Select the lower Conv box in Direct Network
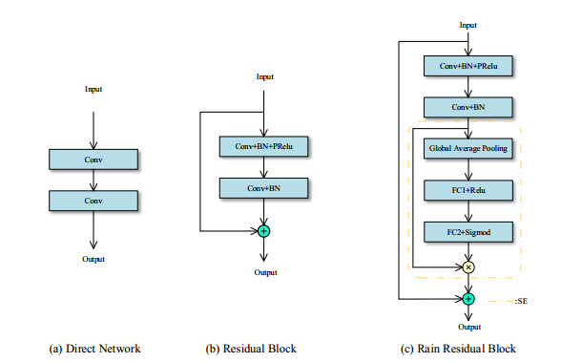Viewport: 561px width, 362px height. click(93, 201)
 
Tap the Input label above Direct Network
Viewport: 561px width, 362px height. click(93, 89)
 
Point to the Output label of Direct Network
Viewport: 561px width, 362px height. click(93, 259)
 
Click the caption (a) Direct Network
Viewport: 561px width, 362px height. click(94, 349)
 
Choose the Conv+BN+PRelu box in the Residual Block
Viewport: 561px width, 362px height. click(264, 147)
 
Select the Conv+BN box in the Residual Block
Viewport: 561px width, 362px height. click(264, 188)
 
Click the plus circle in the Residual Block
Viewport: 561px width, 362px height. click(264, 231)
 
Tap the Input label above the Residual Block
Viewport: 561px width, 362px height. click(264, 76)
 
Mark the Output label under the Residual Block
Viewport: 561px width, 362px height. click(264, 272)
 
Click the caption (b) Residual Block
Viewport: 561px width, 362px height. click(252, 349)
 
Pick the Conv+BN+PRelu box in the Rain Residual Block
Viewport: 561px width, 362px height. click(467, 67)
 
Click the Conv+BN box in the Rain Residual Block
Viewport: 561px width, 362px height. click(467, 108)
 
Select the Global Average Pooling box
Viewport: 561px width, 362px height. click(467, 149)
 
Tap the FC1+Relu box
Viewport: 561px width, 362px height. click(467, 190)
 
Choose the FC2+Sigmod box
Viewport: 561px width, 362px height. click(467, 231)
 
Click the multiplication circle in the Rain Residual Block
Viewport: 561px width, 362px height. click(467, 267)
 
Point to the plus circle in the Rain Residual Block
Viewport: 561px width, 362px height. click(467, 299)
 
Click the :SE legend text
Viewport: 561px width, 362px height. click(523, 302)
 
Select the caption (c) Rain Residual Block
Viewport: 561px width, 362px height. click(455, 349)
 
